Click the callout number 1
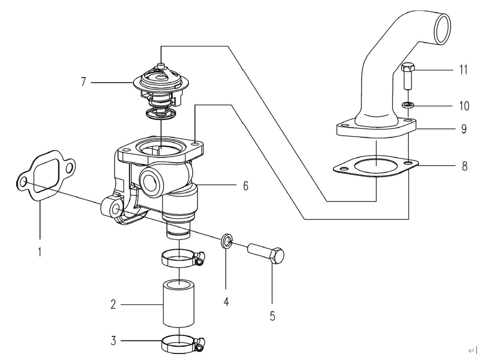click(40, 251)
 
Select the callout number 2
click(113, 304)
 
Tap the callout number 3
click(113, 341)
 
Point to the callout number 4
click(226, 301)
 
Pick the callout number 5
click(272, 316)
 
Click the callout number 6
click(245, 185)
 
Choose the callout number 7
click(84, 82)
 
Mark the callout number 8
click(465, 166)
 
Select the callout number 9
click(464, 129)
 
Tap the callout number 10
click(464, 106)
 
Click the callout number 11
click(463, 70)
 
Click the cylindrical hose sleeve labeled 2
click(178, 303)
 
